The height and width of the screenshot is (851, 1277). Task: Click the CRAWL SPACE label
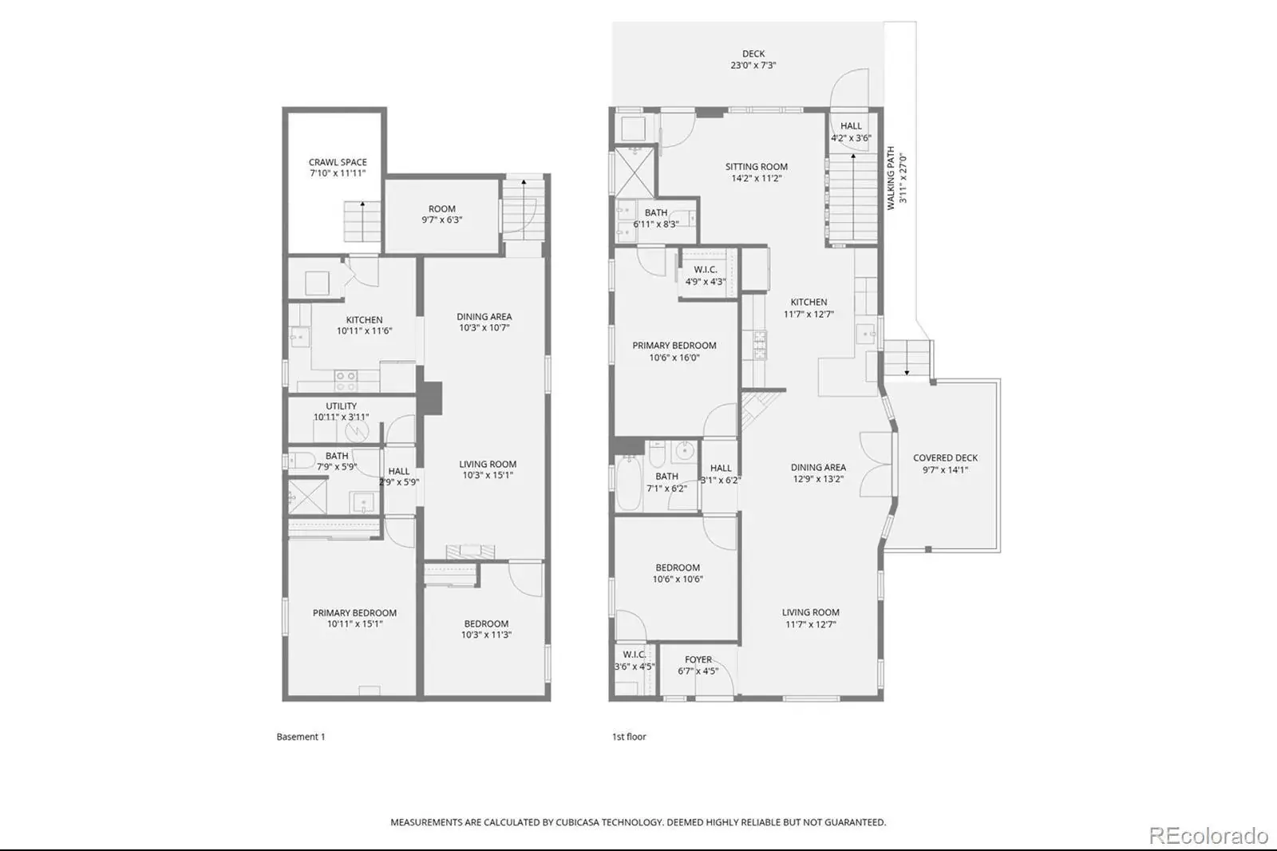[338, 163]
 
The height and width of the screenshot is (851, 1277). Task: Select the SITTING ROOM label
[757, 167]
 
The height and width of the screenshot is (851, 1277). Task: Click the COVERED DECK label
[945, 457]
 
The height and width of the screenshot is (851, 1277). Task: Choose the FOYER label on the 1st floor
[698, 659]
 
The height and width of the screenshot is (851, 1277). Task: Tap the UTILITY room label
[341, 406]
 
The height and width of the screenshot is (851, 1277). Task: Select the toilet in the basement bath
[302, 461]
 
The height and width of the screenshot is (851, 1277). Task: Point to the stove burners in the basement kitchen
[346, 381]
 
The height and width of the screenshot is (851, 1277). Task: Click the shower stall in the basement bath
[307, 497]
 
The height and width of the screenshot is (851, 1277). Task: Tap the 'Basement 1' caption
[300, 736]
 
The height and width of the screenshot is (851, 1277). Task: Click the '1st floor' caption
[629, 736]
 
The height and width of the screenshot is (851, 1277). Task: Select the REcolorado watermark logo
[1208, 836]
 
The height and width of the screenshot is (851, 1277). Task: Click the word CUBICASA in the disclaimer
[582, 822]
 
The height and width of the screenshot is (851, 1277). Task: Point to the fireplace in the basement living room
[470, 552]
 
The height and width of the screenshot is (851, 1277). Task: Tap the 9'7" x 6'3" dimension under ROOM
[442, 220]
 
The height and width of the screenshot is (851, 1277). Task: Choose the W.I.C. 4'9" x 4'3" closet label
[706, 275]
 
